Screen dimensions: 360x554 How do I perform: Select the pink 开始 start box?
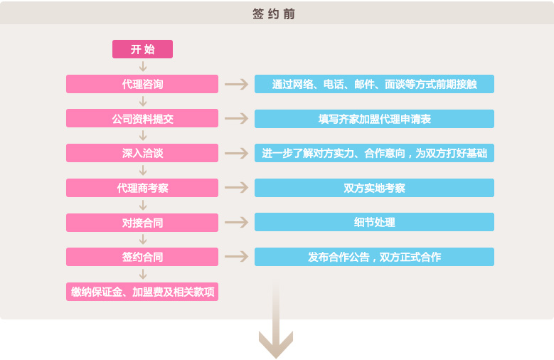142,49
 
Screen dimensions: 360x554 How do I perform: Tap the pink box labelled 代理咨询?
142,84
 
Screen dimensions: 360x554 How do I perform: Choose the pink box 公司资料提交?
142,119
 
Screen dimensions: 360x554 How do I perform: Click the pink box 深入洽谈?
142,153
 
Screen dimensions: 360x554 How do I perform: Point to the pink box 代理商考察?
142,188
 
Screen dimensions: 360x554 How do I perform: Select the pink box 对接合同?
142,223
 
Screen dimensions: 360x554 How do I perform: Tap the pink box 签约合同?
142,257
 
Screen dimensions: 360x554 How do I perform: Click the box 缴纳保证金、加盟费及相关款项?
142,292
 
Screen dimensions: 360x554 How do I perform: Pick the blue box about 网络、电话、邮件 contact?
374,84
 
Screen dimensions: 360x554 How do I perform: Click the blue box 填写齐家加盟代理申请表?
374,119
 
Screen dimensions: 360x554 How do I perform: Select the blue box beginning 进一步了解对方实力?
374,153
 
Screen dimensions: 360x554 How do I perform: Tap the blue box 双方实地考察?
374,188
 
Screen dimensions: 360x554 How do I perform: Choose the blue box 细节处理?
374,223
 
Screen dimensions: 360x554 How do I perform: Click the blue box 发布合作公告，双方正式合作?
374,257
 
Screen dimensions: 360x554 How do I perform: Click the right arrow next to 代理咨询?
236,84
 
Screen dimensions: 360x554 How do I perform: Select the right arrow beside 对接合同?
236,223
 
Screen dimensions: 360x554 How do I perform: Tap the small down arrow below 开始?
143,66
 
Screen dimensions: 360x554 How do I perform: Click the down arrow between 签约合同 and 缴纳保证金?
143,274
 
